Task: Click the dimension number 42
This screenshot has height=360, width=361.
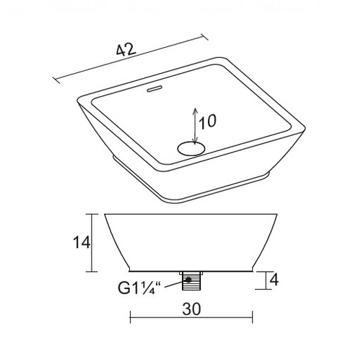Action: [126, 50]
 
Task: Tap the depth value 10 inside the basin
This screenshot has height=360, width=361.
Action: [208, 121]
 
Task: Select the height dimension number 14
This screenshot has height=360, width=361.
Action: [82, 242]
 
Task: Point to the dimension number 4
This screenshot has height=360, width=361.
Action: [274, 280]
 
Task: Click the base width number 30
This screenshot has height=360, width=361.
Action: [191, 309]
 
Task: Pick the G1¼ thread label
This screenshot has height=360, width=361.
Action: [139, 288]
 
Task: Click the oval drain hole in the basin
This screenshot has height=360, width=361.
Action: [191, 148]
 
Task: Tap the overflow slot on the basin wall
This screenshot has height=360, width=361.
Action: [155, 88]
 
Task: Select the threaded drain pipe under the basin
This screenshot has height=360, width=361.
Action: [191, 281]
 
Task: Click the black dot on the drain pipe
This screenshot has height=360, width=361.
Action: [188, 280]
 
